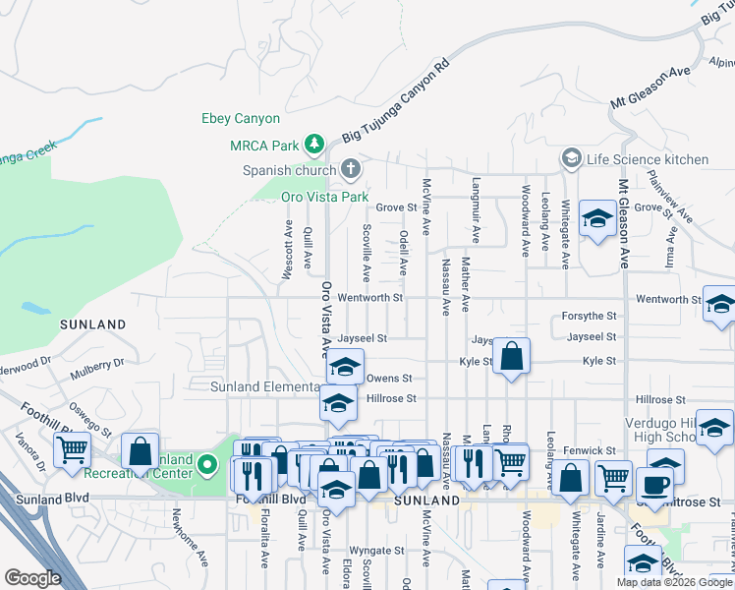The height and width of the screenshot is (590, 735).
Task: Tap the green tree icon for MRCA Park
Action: [314, 146]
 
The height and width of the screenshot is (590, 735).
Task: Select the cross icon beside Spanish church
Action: [350, 170]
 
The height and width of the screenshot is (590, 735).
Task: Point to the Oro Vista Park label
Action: [323, 198]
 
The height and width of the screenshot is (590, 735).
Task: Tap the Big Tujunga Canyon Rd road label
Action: [395, 97]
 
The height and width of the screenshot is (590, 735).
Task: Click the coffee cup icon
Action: [654, 483]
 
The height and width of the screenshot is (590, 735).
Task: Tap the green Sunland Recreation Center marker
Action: [206, 462]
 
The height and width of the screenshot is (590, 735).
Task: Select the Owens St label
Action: [388, 378]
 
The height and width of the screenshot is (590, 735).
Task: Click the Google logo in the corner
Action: [32, 578]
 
